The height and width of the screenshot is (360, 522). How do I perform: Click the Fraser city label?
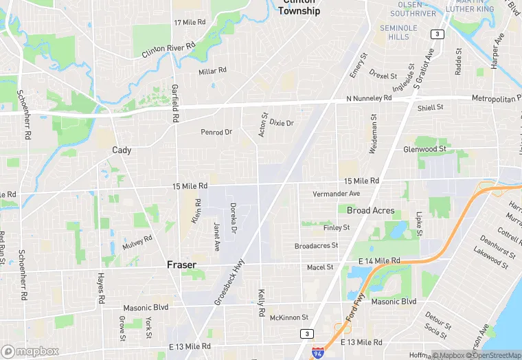coord(181,265)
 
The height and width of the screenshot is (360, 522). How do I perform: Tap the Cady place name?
coord(122,150)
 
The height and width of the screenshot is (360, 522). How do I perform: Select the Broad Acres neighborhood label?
coord(370,210)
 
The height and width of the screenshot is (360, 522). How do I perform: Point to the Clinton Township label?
coord(299,8)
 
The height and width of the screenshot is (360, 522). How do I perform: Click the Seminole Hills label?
coord(398,32)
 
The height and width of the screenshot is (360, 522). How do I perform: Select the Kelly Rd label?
coord(261,302)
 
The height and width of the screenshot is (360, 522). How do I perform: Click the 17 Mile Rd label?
coord(190,23)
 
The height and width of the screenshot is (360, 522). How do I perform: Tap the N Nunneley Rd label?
coord(369,98)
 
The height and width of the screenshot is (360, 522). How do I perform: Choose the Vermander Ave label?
coord(336,194)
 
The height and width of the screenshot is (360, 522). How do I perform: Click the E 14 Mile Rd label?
coord(379,261)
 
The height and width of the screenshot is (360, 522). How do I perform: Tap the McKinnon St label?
coord(289,317)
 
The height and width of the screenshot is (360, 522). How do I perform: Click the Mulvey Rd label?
coord(137,243)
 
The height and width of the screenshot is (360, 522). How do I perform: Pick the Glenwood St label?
coord(424,149)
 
